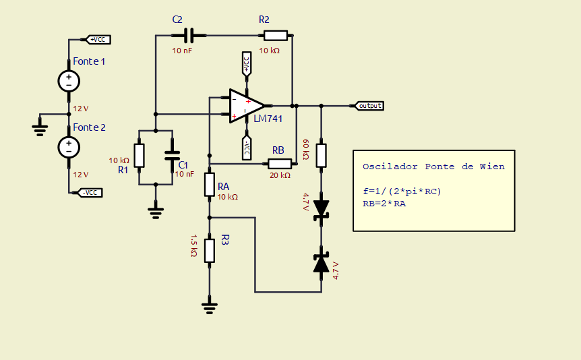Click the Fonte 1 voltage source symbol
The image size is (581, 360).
[69, 81]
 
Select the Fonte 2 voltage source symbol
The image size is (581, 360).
[69, 146]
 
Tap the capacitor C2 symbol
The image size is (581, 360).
[183, 35]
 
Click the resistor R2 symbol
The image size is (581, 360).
[276, 35]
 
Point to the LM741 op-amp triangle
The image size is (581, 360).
[245, 106]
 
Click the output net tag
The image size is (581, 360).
[369, 106]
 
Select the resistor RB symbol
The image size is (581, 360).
[279, 163]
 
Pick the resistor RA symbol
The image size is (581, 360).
[210, 184]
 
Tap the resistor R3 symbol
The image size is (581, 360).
[210, 249]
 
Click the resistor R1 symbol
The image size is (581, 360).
[139, 155]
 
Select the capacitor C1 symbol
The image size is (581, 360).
[173, 155]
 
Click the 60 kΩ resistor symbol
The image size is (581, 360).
[322, 155]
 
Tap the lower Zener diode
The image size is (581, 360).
[322, 263]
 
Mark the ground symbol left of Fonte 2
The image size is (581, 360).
[40, 129]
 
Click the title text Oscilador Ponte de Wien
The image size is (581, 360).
[433, 167]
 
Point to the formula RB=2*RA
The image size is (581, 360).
[384, 203]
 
